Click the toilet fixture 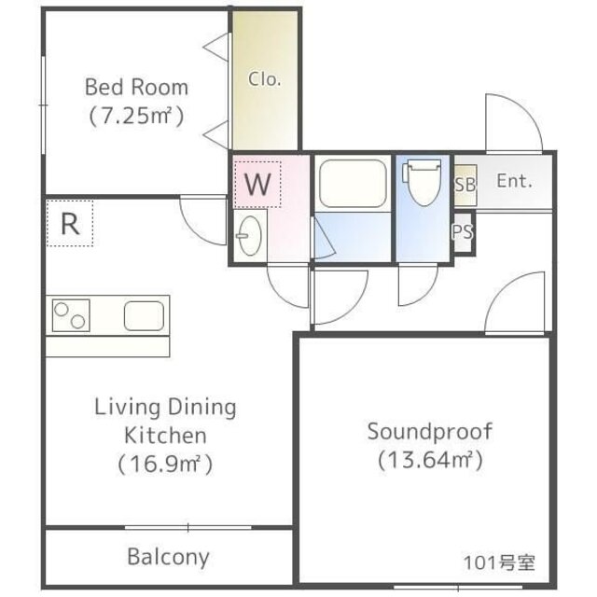coord(423,182)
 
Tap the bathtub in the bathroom coord(353,184)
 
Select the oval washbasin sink coord(250,235)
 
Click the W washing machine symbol coord(257,185)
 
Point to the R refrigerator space coord(70,224)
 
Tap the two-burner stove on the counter coord(71,315)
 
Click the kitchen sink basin coord(145,315)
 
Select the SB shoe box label coord(465,185)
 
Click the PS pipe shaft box coord(463,231)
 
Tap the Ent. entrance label coord(514,181)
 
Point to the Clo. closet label coord(265,79)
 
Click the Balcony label coord(168,557)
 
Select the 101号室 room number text coord(499,562)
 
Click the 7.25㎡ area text coord(137,116)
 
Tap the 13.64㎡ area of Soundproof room coord(430,460)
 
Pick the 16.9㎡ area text coord(165,464)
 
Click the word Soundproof coord(430,432)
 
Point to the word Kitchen coord(166,436)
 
